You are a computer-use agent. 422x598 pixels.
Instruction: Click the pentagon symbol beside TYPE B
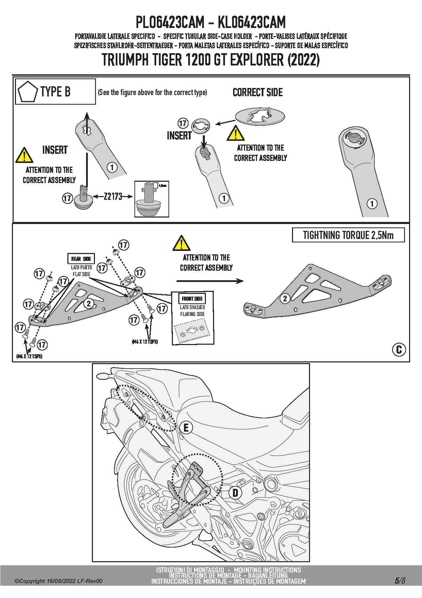28,92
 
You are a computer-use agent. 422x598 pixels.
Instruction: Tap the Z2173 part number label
113,196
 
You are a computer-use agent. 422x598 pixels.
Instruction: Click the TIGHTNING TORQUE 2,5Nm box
348,235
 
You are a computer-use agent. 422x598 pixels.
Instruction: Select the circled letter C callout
399,349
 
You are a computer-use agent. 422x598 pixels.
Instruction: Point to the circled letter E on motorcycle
186,428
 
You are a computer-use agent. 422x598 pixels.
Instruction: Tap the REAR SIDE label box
81,259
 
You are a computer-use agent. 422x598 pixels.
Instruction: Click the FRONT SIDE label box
192,299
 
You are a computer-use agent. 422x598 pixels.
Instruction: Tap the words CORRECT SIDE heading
258,92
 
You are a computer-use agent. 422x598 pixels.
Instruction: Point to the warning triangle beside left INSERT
24,155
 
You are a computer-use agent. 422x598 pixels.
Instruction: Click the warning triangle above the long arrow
181,243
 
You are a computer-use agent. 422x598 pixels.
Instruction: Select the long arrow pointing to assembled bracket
210,281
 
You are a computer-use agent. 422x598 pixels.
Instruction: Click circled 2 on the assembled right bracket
285,299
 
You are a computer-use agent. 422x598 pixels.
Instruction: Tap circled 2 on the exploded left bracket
89,303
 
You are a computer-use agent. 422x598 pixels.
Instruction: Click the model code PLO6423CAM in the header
170,23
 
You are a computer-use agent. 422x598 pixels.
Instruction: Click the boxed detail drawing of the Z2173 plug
152,199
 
